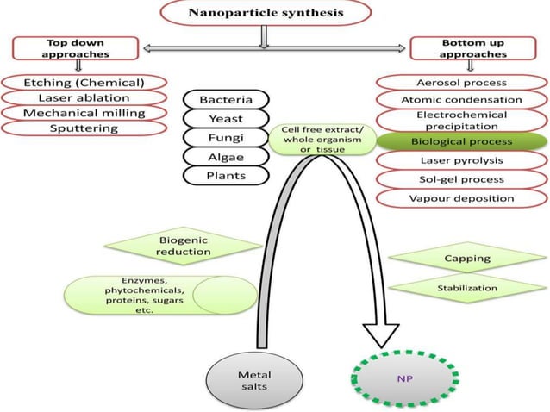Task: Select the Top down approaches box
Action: [x=74, y=47]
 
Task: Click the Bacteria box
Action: [x=225, y=100]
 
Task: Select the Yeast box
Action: [x=225, y=119]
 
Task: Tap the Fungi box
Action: [x=225, y=138]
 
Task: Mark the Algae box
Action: [x=225, y=157]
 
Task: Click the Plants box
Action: [x=225, y=176]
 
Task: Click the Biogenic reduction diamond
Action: [x=184, y=245]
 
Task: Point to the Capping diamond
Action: [x=466, y=258]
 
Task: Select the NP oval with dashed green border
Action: [x=405, y=378]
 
